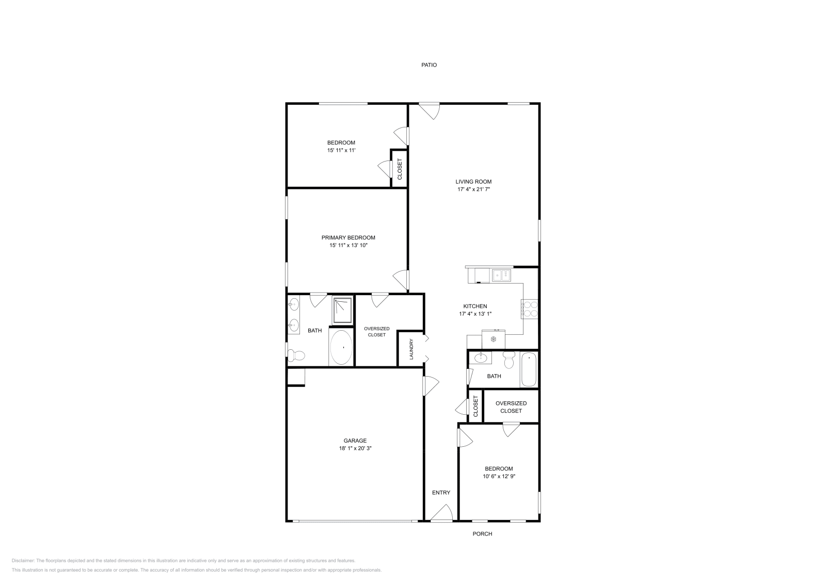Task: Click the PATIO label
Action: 429,65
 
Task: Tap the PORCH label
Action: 482,534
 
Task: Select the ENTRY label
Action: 441,493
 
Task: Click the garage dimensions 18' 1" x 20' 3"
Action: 355,449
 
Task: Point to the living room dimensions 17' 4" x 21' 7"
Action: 473,189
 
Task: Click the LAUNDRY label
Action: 411,349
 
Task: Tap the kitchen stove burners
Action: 530,309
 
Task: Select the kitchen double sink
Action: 501,275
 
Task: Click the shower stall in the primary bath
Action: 342,310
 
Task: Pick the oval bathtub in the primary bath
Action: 341,347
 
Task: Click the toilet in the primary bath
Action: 296,355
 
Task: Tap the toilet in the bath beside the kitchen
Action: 509,360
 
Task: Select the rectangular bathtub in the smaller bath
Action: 529,369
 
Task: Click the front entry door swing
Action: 441,514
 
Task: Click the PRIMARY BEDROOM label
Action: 348,238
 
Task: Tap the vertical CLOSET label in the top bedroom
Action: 400,169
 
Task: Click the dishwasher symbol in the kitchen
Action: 494,339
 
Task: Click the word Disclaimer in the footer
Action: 23,560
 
